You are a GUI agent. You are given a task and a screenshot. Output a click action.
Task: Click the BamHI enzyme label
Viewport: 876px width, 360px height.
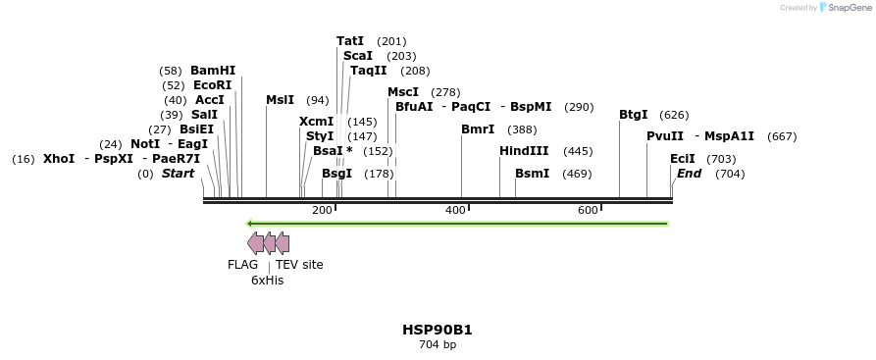(x=213, y=71)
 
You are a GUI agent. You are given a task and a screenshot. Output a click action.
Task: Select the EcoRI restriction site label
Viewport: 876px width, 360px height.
(x=212, y=85)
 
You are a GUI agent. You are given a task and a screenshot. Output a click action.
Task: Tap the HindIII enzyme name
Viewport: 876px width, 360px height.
(x=524, y=151)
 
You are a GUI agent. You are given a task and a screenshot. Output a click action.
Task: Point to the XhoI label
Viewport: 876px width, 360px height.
(x=59, y=159)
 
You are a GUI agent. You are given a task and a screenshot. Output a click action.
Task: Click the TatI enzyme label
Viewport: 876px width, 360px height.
(x=350, y=41)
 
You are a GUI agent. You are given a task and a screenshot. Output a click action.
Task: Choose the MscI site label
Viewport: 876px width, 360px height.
(x=403, y=92)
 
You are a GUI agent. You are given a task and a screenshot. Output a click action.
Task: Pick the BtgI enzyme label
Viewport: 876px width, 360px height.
(x=633, y=115)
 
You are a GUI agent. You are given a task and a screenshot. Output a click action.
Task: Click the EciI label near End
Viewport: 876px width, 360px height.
(x=682, y=159)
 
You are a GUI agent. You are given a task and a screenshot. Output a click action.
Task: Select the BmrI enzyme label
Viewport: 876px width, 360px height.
(x=478, y=129)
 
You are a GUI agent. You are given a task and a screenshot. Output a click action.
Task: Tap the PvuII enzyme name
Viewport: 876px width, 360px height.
(x=665, y=136)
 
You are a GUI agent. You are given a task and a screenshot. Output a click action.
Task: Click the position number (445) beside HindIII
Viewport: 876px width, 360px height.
(x=578, y=151)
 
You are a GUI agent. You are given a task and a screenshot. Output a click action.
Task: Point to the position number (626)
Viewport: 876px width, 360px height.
(x=674, y=115)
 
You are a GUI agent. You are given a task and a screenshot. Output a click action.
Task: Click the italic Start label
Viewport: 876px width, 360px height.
(x=178, y=174)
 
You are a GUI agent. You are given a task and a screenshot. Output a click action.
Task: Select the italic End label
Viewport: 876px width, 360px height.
(x=689, y=174)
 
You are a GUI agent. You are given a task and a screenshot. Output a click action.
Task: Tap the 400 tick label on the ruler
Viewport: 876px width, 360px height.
(x=455, y=211)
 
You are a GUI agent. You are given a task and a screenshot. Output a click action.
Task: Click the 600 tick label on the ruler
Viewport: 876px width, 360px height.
(x=588, y=211)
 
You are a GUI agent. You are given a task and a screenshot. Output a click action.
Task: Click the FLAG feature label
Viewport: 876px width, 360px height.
(x=242, y=265)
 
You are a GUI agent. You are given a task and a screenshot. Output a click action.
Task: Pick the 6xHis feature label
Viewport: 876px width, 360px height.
(x=267, y=281)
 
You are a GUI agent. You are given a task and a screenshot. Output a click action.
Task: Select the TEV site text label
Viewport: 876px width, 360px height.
(x=299, y=265)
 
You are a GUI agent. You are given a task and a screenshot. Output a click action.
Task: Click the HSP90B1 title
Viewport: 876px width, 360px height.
(x=438, y=330)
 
